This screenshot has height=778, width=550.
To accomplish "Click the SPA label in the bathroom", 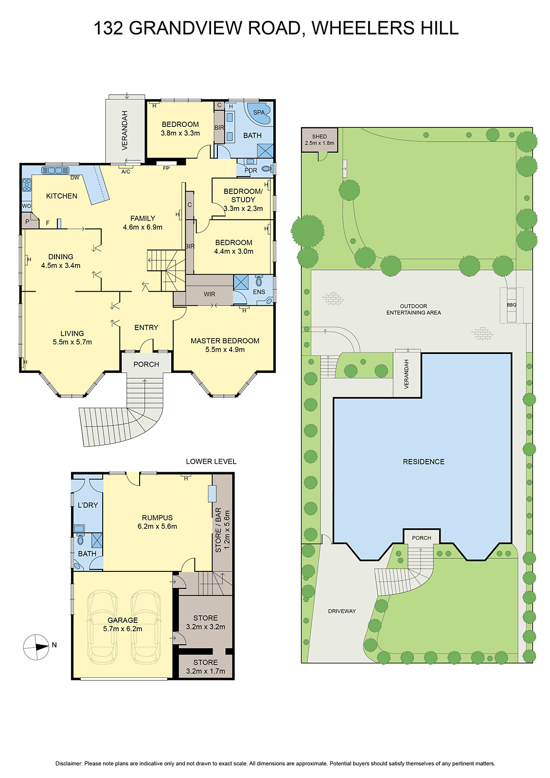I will pos(259,112).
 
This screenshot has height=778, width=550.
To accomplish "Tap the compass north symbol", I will pos(36,647).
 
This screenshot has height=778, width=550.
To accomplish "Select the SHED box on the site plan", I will pos(319,140).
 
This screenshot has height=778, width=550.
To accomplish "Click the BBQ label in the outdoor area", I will pos(511,305).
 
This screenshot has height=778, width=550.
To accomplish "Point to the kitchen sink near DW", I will pos(55,170).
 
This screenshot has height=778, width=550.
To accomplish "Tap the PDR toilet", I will pos(266,169).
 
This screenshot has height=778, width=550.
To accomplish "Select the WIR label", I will pos(210,294).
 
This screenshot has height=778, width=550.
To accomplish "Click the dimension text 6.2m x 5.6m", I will pos(157,526).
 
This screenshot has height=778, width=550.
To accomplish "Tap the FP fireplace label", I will pos(166,168).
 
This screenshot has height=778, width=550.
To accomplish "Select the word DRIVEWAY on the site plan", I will pos(342,611).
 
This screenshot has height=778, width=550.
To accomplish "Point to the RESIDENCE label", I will pos(424,461).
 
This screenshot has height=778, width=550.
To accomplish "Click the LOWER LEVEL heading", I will pos(211,461).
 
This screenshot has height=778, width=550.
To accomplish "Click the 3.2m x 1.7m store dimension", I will pos(205,671).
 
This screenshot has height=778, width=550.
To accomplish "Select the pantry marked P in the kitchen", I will pos(27,222).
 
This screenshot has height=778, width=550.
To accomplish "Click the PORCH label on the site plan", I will pos(422,538).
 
